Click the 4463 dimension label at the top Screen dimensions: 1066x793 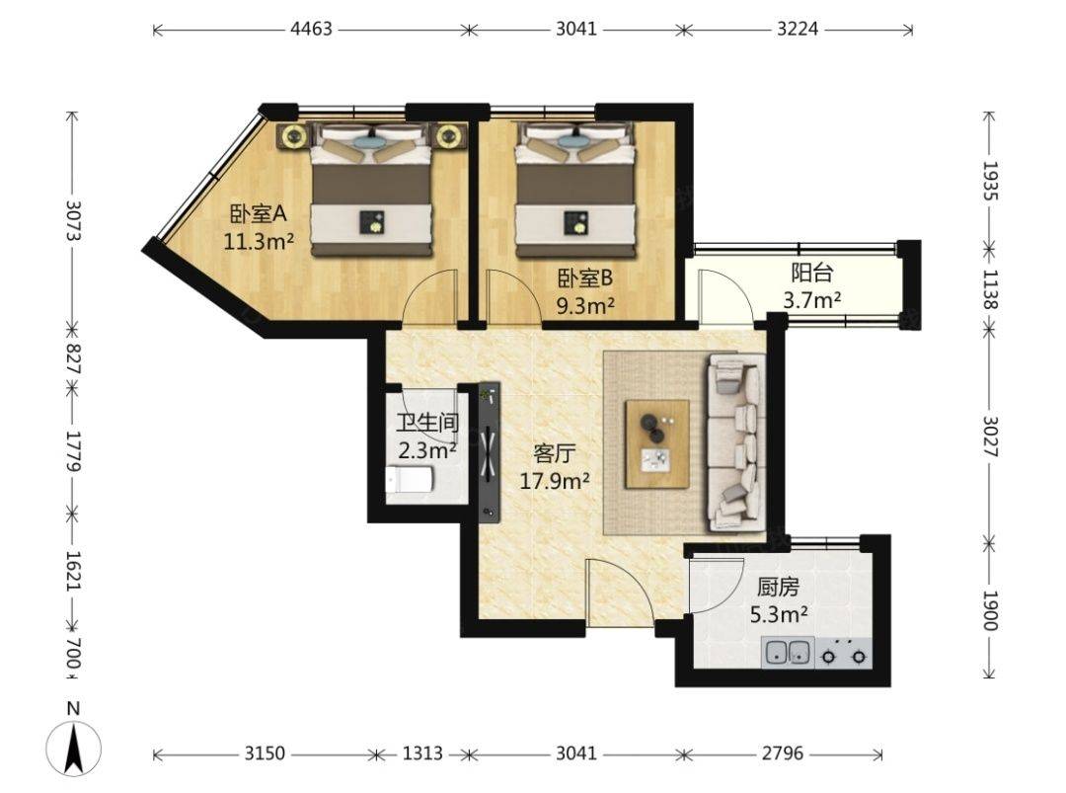(x=311, y=29)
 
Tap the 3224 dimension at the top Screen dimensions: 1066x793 (x=798, y=29)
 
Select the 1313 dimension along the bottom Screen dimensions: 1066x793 (x=422, y=753)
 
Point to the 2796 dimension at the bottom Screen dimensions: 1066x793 (x=782, y=753)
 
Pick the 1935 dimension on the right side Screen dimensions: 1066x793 (x=990, y=181)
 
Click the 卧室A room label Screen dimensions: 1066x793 (x=259, y=215)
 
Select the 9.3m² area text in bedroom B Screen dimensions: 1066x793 (x=585, y=306)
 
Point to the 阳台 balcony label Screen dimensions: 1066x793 (x=811, y=274)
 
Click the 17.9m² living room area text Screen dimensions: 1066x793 (x=555, y=482)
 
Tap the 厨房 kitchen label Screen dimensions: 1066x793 (x=778, y=587)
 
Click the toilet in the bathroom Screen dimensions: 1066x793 (x=409, y=480)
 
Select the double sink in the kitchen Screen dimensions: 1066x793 (x=788, y=652)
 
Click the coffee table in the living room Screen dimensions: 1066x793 (x=657, y=444)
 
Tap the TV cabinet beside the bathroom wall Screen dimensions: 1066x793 (x=490, y=451)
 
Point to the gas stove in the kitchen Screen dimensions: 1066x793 (x=844, y=653)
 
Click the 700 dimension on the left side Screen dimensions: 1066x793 (x=73, y=653)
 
